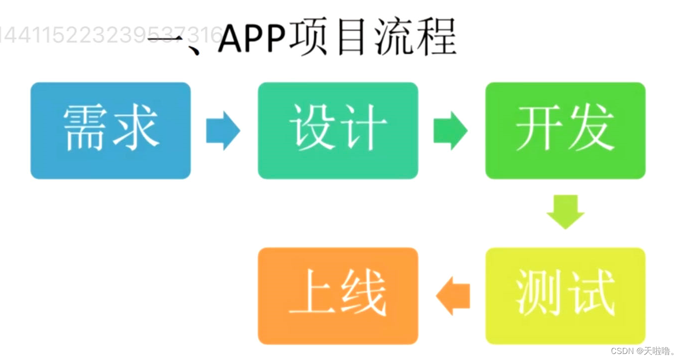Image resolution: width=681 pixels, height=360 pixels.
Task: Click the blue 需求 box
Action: [x=111, y=131]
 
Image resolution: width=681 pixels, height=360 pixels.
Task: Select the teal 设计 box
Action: [x=338, y=131]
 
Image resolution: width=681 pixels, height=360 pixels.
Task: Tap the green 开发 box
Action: [x=565, y=131]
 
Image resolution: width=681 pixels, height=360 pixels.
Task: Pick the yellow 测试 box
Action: [x=565, y=296]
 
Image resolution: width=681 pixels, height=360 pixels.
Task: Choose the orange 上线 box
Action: [x=338, y=296]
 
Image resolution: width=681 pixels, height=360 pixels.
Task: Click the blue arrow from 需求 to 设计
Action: [x=223, y=131]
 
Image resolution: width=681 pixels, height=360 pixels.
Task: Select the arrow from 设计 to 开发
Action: [x=451, y=131]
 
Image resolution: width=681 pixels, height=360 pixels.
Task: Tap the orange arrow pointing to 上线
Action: [x=453, y=296]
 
